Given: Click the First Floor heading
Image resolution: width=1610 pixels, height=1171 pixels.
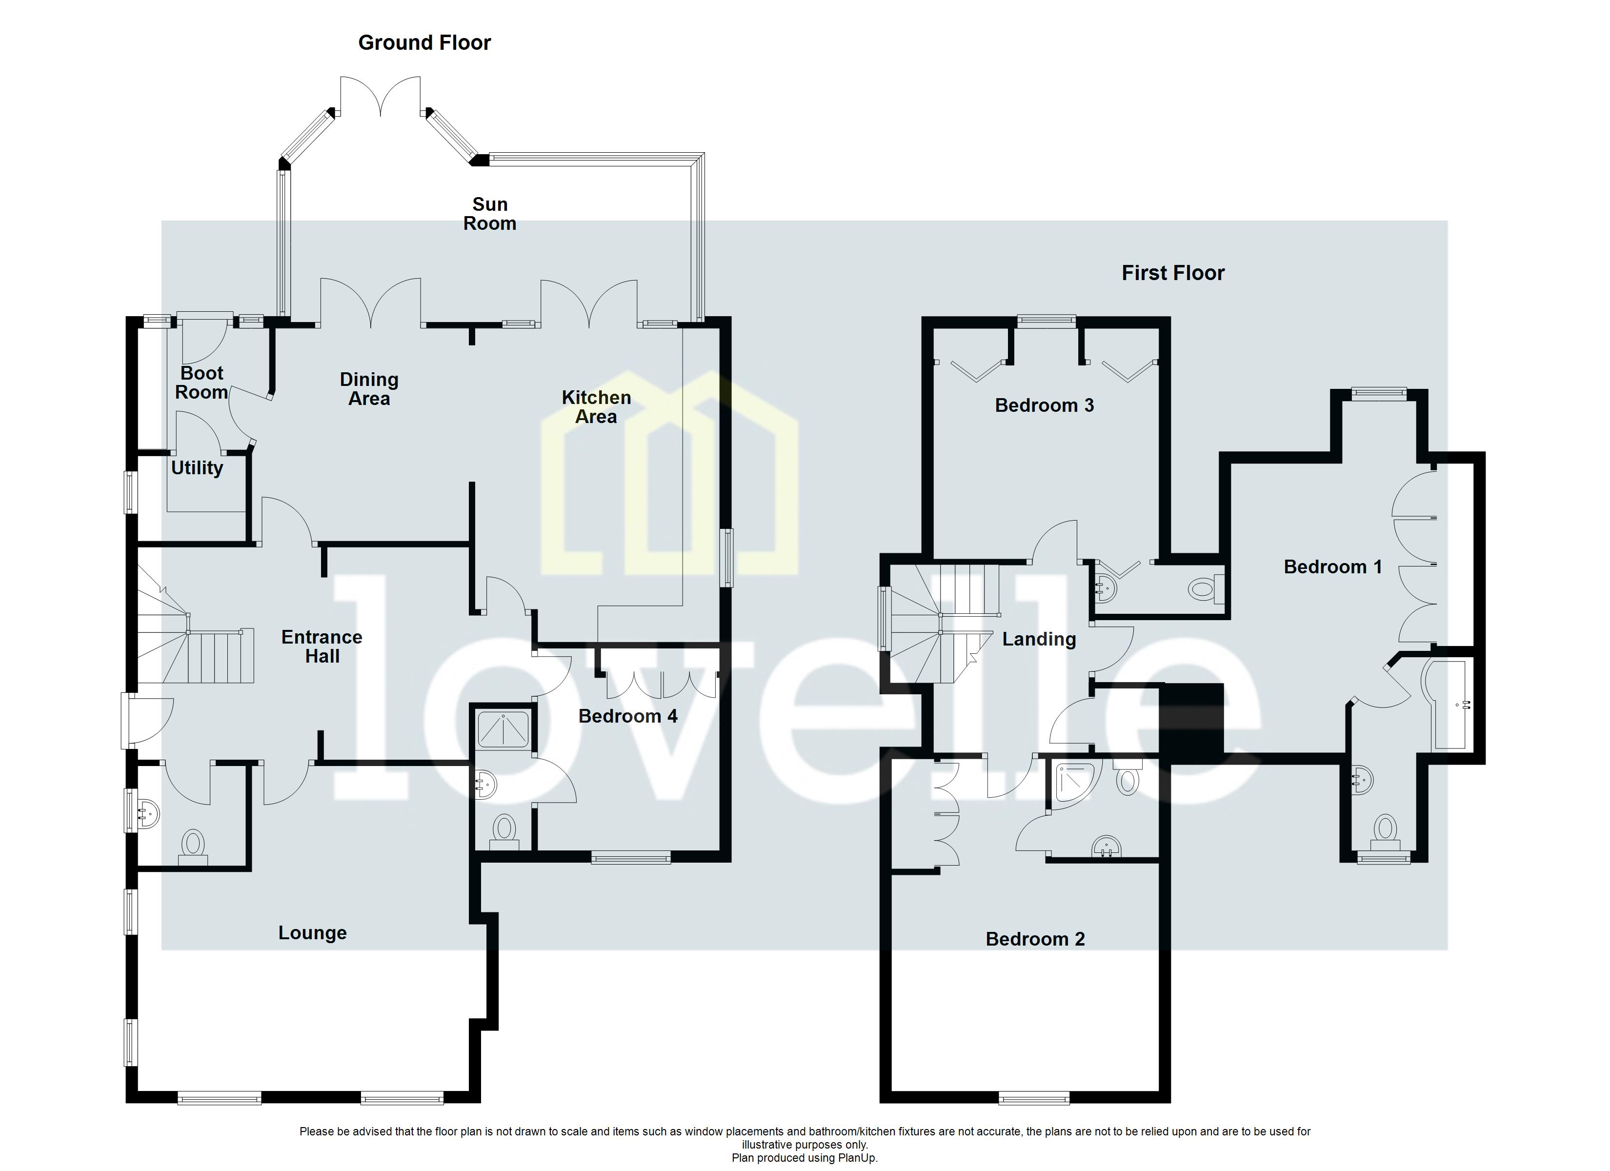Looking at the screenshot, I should (1173, 273).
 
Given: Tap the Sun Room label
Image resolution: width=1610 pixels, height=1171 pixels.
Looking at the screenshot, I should (490, 214).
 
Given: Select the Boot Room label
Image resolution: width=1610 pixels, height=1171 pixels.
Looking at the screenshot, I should (201, 383).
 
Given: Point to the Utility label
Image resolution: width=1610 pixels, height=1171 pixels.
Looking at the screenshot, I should (197, 468).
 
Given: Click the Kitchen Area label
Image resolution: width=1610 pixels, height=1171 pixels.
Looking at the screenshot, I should (596, 407).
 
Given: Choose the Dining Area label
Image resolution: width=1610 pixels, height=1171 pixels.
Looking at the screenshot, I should (369, 389).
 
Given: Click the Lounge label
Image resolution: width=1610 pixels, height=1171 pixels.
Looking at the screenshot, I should (312, 932).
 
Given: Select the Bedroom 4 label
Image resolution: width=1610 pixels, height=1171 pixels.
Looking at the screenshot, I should (627, 716).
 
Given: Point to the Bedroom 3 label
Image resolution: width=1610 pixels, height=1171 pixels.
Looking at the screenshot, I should (1044, 405).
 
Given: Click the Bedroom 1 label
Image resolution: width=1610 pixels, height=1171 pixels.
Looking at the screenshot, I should (1332, 566).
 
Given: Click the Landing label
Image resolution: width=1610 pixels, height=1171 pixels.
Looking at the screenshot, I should (1039, 639).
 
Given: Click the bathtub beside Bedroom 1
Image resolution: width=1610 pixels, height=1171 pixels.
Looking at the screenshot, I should (1448, 704).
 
